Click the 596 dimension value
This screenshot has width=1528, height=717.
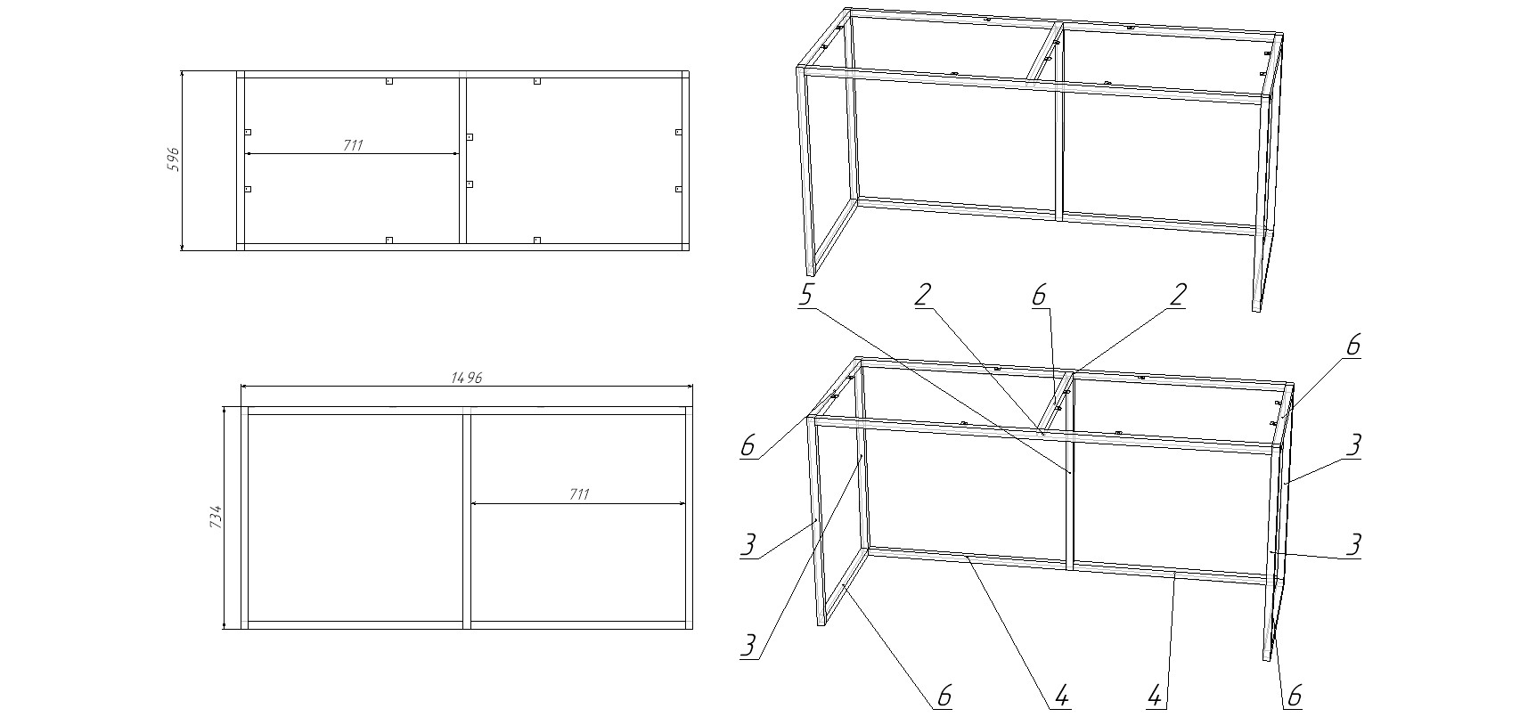[174, 159]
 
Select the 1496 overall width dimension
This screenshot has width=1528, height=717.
[466, 378]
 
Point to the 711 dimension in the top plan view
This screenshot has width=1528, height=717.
[353, 145]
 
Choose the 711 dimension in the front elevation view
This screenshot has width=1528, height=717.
[578, 495]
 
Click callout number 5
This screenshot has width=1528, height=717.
[805, 295]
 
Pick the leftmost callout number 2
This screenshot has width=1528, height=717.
[923, 295]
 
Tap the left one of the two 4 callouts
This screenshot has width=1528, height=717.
[1060, 697]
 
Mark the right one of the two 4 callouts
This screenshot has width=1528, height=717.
[1155, 697]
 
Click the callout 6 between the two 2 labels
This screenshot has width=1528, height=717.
[1039, 295]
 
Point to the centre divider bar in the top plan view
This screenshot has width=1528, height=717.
[463, 160]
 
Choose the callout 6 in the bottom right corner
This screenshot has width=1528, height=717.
[1295, 697]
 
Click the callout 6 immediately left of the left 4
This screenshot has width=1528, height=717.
[944, 697]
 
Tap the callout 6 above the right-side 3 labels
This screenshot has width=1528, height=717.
[1352, 345]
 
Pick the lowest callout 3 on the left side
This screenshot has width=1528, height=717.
[749, 646]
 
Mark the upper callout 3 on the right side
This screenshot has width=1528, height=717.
[1352, 444]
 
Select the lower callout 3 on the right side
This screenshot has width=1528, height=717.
[1352, 544]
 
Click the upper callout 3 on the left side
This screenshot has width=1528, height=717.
[749, 544]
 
